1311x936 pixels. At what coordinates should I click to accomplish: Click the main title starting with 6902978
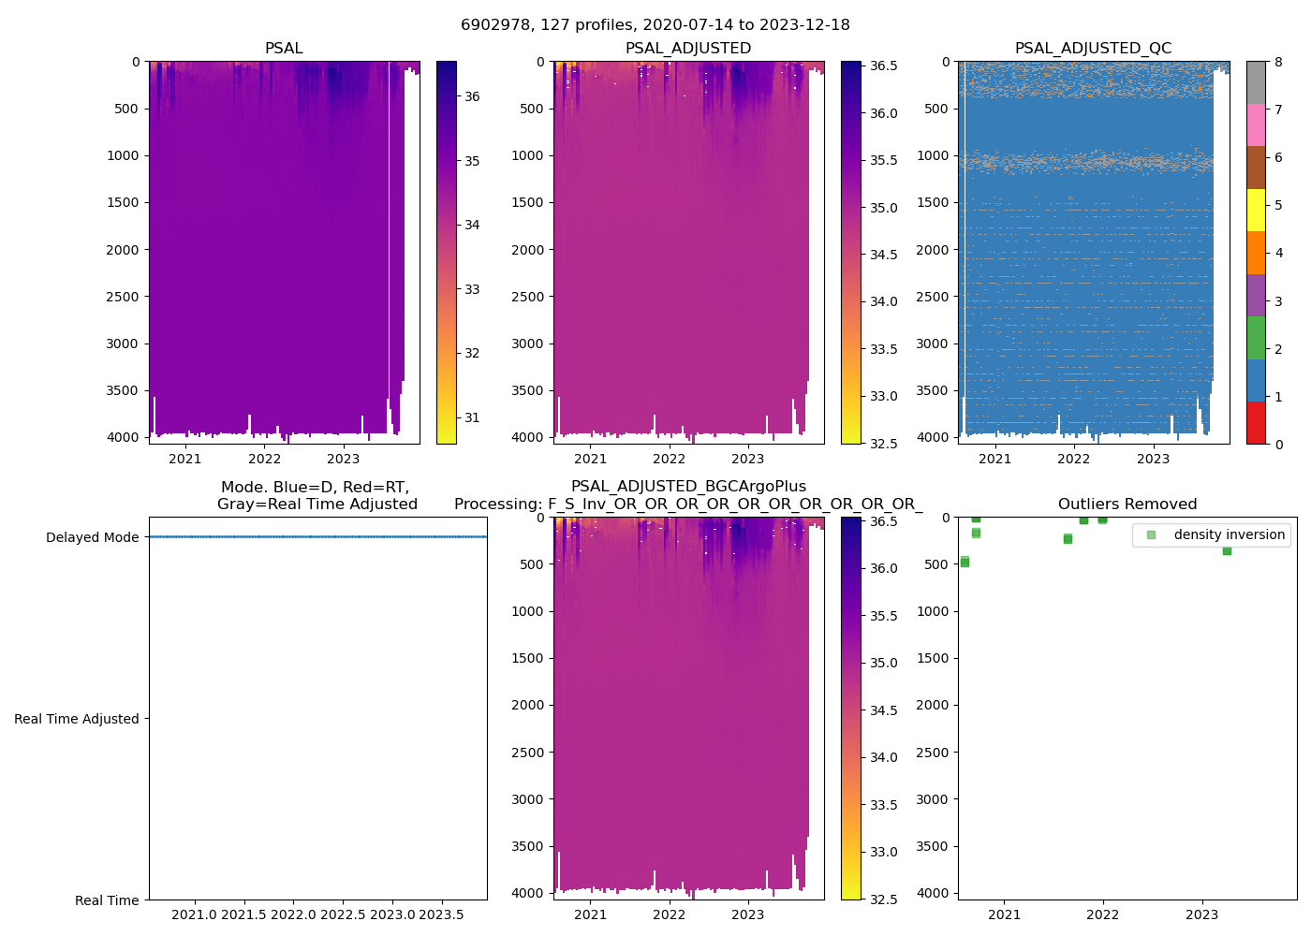[655, 25]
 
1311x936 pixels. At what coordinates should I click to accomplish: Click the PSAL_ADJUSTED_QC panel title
[1093, 49]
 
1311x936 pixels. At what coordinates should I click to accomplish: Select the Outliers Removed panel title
[1127, 505]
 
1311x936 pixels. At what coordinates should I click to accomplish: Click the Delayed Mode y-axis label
[92, 537]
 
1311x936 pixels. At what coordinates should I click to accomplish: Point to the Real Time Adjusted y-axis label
[76, 719]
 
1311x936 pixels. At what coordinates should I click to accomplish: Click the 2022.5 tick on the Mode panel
[343, 914]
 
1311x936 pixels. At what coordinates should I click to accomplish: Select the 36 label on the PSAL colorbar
[472, 96]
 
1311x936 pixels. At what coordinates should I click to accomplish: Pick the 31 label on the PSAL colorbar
[472, 417]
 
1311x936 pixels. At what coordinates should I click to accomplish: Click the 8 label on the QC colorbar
[1278, 63]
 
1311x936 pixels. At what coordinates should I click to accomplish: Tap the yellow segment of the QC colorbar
[1256, 210]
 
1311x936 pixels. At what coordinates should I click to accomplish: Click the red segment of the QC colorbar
[1256, 423]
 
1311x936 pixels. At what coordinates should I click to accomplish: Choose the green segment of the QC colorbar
[1256, 338]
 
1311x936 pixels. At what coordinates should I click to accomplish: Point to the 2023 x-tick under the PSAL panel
[343, 459]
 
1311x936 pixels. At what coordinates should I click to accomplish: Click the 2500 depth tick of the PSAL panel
[123, 297]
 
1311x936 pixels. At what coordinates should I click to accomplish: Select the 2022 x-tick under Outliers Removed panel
[1103, 914]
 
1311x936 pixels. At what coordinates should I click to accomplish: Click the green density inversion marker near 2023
[1227, 550]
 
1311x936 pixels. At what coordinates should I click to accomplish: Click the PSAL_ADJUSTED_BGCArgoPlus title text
[688, 487]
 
